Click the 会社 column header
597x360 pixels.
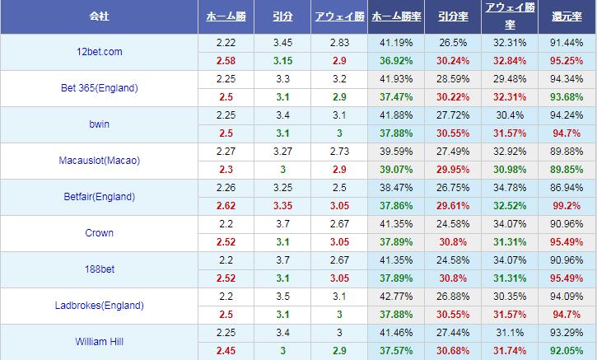point(99,16)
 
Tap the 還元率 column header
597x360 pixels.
point(567,16)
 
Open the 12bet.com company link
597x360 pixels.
point(99,51)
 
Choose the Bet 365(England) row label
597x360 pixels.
point(99,88)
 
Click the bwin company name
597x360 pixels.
point(99,124)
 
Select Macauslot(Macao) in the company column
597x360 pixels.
point(99,161)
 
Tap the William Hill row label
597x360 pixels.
point(99,342)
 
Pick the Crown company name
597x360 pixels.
point(99,233)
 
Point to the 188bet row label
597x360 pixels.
point(99,269)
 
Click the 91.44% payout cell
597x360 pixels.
point(567,42)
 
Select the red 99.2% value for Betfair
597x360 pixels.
point(567,205)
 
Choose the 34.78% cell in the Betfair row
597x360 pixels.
point(508,187)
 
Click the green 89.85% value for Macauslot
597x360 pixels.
point(567,169)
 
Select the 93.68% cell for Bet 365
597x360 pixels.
point(567,96)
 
